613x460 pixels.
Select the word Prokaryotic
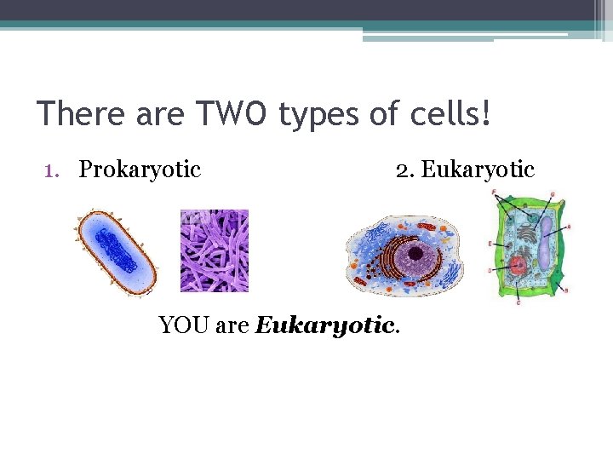pos(140,170)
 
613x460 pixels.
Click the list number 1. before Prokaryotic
pos(52,170)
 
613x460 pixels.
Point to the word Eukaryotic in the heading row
pos(478,170)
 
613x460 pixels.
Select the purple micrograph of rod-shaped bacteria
pos(215,250)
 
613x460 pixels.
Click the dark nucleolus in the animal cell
pos(416,254)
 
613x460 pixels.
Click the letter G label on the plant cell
pos(551,195)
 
